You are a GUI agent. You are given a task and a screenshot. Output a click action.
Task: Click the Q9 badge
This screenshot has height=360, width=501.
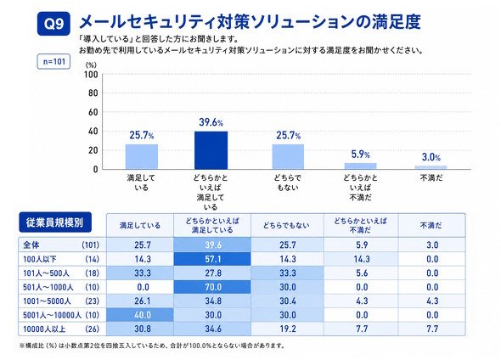pyautogui.click(x=53, y=24)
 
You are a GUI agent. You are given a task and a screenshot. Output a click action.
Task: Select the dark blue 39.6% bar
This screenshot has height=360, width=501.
pyautogui.click(x=211, y=150)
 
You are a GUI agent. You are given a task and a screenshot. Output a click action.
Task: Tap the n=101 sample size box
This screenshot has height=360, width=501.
pyautogui.click(x=53, y=61)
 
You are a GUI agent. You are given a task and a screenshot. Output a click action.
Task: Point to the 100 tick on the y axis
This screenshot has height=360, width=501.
pyautogui.click(x=91, y=75)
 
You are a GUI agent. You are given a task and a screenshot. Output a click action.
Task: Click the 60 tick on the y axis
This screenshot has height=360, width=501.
pyautogui.click(x=93, y=112)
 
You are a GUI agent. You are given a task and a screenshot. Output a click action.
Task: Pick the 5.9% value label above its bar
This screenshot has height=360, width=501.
pyautogui.click(x=360, y=155)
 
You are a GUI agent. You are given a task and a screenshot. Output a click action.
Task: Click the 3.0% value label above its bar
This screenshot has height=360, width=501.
pyautogui.click(x=431, y=157)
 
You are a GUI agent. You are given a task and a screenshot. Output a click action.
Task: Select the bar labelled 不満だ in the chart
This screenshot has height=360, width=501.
pyautogui.click(x=431, y=167)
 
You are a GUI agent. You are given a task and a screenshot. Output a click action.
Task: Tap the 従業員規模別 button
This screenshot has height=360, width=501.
pyautogui.click(x=55, y=222)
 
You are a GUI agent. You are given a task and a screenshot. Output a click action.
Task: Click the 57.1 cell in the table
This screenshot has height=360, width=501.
pyautogui.click(x=212, y=259)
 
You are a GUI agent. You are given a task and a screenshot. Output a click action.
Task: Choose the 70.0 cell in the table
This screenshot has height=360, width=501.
pyautogui.click(x=212, y=287)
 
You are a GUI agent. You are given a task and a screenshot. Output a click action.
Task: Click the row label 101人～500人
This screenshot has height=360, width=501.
pyautogui.click(x=46, y=273)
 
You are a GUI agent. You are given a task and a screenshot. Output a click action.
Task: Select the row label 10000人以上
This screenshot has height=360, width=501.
pyautogui.click(x=44, y=329)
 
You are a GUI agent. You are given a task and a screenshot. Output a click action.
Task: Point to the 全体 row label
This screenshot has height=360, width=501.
pyautogui.click(x=31, y=245)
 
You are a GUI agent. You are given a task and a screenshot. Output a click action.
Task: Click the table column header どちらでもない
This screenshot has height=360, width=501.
pyautogui.click(x=287, y=226)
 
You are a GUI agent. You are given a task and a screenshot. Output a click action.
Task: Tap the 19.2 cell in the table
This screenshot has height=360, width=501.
pyautogui.click(x=288, y=329)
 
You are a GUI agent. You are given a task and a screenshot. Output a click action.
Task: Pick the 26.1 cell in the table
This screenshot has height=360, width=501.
pyautogui.click(x=143, y=301)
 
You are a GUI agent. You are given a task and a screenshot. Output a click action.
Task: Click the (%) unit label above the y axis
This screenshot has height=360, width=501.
pyautogui.click(x=91, y=65)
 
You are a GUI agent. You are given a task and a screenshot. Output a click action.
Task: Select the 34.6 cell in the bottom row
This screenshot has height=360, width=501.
pyautogui.click(x=213, y=329)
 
